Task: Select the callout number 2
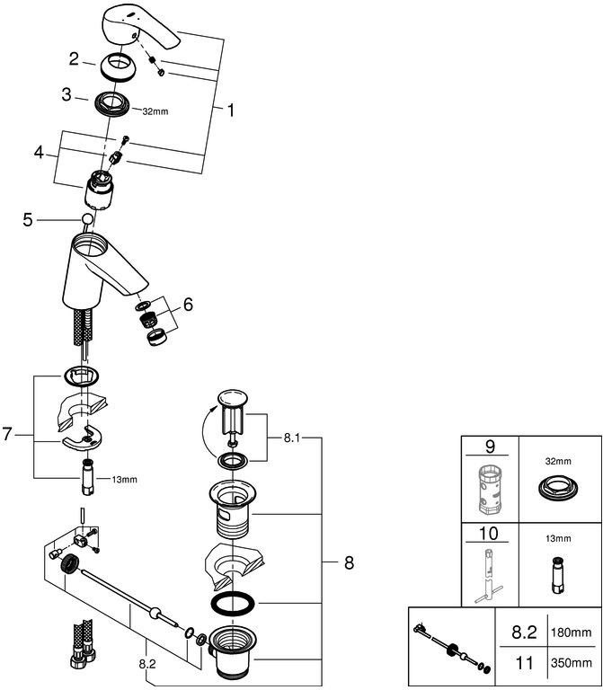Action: (75, 59)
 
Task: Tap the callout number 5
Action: (27, 218)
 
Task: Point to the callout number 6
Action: (187, 305)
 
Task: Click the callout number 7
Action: (9, 435)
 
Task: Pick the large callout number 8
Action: (348, 563)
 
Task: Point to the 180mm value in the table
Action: (571, 633)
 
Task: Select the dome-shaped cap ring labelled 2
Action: (120, 66)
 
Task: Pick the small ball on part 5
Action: (88, 220)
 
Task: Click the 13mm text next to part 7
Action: (125, 480)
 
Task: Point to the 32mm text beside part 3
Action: (155, 112)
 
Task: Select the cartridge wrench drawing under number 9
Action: (490, 491)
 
